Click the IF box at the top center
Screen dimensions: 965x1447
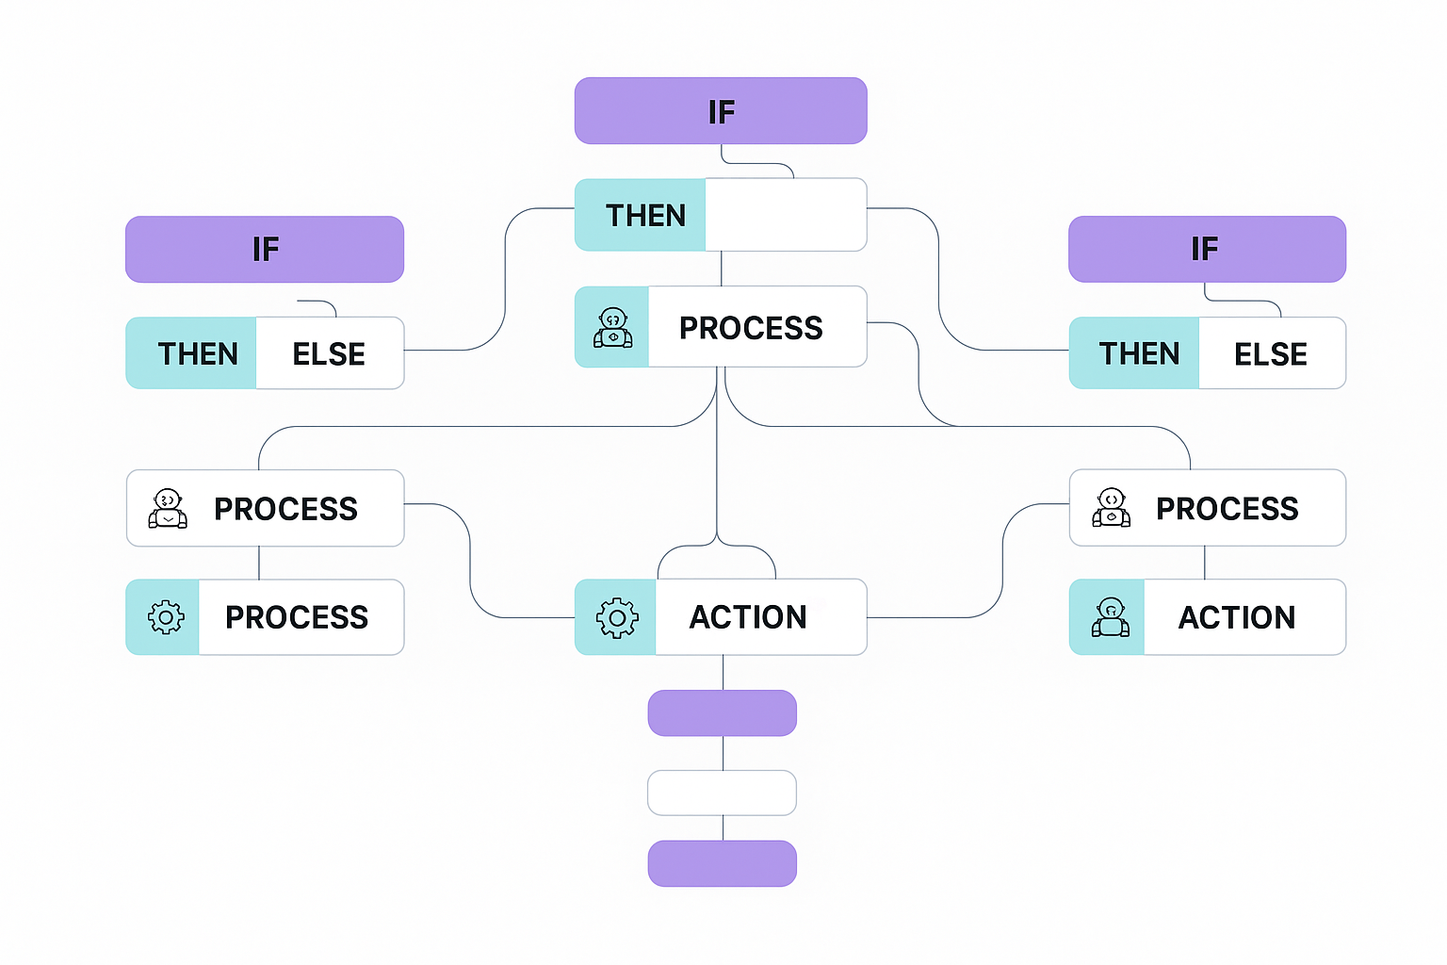(721, 111)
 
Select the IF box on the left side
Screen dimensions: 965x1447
(265, 250)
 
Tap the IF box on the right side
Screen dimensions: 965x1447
(1207, 250)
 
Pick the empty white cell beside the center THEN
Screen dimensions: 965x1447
(786, 215)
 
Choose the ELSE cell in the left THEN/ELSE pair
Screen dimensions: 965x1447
(330, 353)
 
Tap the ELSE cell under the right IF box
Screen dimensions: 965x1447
(1272, 353)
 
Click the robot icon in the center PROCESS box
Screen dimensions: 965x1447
(613, 328)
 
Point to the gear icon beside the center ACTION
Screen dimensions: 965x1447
(617, 618)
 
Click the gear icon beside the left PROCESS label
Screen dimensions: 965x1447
(166, 617)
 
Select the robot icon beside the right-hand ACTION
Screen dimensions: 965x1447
(1111, 617)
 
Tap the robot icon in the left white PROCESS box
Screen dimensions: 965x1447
(168, 509)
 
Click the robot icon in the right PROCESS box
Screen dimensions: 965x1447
(1112, 508)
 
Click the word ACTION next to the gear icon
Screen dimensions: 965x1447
(748, 617)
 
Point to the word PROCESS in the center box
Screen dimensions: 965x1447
(751, 328)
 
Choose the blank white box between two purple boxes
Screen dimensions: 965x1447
(723, 793)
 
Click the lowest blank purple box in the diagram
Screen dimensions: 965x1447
(723, 863)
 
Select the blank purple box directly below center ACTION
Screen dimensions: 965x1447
(723, 713)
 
